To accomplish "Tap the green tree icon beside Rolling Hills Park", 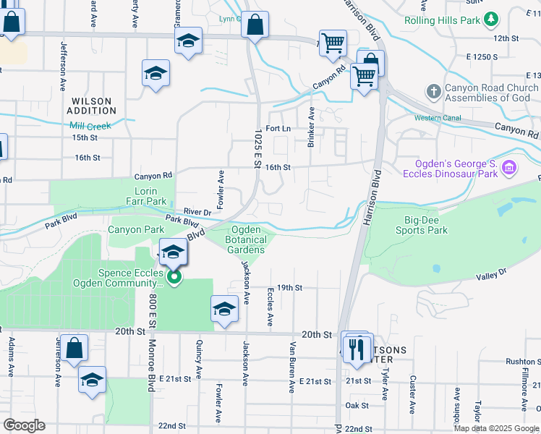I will (491, 18).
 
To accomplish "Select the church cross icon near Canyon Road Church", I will (433, 92).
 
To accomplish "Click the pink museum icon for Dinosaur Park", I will (509, 169).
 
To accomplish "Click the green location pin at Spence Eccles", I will (173, 277).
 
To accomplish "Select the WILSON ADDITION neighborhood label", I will (91, 106).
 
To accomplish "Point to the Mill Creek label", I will (90, 126).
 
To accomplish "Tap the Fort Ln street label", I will (278, 129).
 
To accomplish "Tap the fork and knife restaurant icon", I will (356, 350).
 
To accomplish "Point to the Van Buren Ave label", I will (293, 367).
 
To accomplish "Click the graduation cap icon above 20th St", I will (225, 309).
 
